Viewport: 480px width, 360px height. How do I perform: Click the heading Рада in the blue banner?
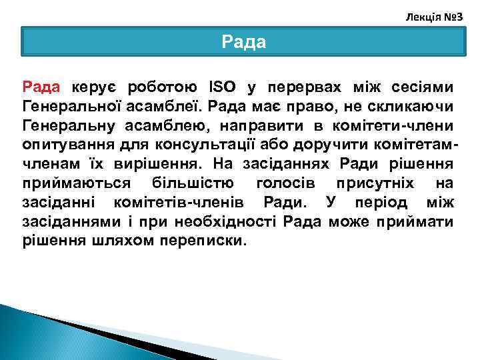click(243, 43)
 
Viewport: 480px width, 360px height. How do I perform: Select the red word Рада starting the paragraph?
click(41, 87)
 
